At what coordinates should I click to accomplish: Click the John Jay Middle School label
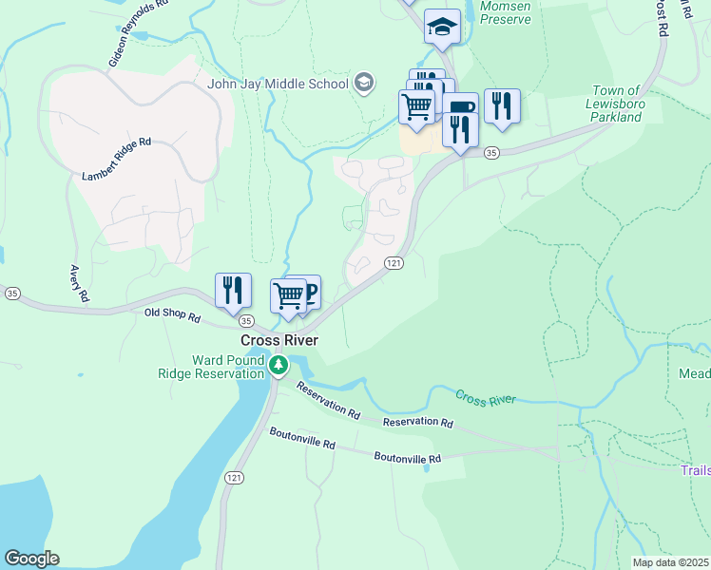(278, 83)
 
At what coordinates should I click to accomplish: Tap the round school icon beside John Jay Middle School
(362, 83)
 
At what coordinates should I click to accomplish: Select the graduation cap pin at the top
(442, 27)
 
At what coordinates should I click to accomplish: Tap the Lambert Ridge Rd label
(116, 158)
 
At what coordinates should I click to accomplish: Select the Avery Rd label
(78, 283)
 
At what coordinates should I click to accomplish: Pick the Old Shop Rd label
(172, 314)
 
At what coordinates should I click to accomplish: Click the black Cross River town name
(279, 340)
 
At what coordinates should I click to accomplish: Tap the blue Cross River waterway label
(485, 398)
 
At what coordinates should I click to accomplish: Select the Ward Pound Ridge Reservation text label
(227, 367)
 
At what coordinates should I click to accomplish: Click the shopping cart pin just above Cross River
(288, 295)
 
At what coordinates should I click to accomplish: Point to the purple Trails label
(696, 470)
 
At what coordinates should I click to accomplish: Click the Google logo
(31, 559)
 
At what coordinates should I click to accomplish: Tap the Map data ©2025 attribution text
(669, 562)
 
